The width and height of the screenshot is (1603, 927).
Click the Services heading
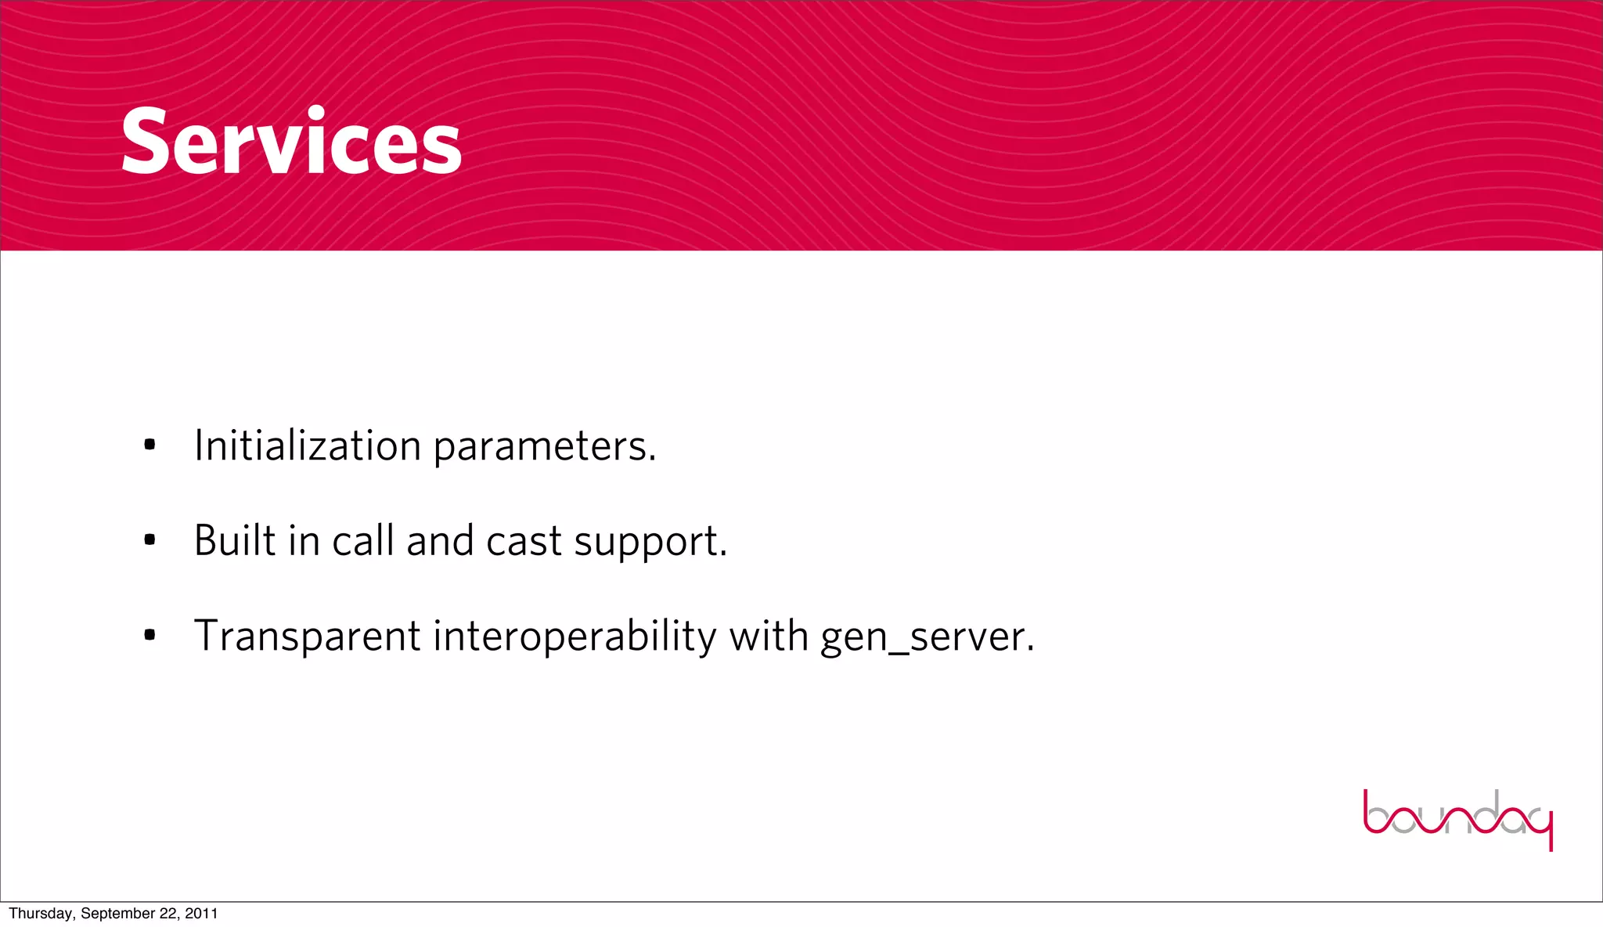291,142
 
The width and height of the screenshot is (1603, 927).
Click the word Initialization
308,445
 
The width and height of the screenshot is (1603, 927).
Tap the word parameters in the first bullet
544,447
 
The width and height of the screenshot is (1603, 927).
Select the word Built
235,540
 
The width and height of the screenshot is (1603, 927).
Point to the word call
362,540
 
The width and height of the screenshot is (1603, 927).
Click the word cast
524,542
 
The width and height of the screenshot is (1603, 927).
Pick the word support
650,543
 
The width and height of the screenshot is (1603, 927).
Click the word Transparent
307,636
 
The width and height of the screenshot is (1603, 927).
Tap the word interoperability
574,637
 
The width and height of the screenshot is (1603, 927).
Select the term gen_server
927,637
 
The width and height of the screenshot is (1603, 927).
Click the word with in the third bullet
769,635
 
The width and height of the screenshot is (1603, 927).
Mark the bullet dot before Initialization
149,445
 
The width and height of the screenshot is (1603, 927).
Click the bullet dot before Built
149,540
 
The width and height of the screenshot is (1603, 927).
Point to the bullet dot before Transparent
149,635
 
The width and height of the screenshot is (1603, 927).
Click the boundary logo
1457,819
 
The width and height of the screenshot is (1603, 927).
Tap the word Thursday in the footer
41,914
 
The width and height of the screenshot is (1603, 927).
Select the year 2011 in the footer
201,914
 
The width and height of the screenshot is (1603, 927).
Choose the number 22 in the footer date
169,914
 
